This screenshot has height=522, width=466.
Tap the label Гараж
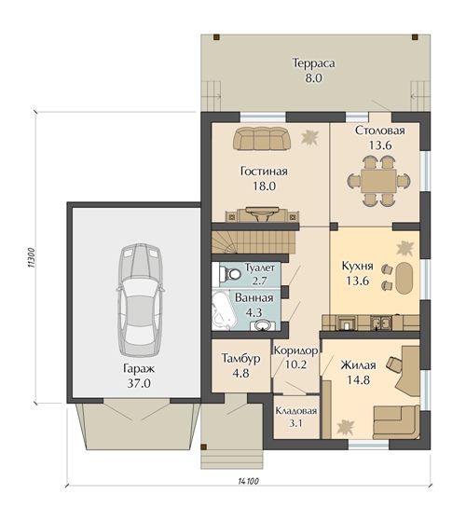click(x=139, y=368)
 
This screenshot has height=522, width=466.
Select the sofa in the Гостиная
click(x=262, y=139)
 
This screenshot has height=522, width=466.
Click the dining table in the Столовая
click(x=378, y=181)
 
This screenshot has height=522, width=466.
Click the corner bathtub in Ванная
click(x=225, y=311)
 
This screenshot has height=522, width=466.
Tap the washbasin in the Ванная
click(x=263, y=325)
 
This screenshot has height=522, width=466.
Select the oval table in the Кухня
click(x=404, y=279)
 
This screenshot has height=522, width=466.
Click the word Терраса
click(x=313, y=63)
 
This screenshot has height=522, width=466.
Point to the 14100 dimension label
click(x=248, y=481)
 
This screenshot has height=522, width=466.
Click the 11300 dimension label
click(x=30, y=257)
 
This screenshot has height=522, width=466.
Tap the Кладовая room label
click(x=296, y=411)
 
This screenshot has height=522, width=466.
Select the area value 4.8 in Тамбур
click(x=241, y=373)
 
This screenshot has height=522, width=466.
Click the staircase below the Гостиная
click(x=254, y=242)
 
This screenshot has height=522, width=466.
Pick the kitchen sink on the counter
click(x=381, y=323)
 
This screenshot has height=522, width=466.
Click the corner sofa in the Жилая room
click(x=396, y=422)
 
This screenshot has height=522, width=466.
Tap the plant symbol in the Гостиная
click(x=309, y=137)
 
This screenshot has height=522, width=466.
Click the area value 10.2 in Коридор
click(x=295, y=364)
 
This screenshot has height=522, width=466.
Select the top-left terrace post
click(x=216, y=37)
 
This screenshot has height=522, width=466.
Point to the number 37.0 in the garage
click(x=139, y=383)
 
